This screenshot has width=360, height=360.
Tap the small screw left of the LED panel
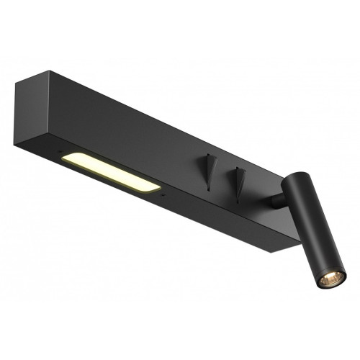click(57, 152)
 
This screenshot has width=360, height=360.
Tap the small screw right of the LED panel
click(164, 194)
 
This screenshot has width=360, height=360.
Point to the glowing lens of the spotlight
click(333, 278)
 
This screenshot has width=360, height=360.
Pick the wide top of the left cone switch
click(210, 158)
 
